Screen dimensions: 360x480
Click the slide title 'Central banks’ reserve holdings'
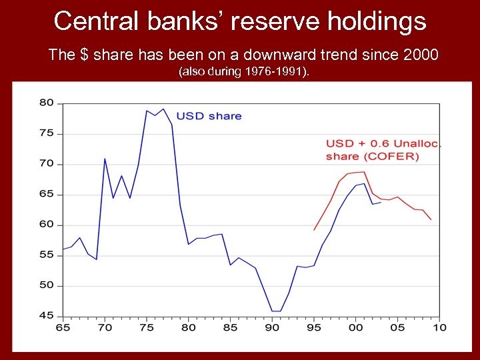click(240, 21)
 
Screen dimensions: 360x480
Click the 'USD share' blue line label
click(209, 116)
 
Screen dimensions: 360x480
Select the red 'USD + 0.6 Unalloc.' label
click(383, 143)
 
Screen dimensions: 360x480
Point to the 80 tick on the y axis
click(46, 103)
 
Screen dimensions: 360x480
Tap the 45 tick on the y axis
click(46, 316)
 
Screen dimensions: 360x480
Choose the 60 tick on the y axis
click(46, 225)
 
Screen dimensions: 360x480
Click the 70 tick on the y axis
click(46, 164)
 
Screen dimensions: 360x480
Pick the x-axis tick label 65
click(63, 327)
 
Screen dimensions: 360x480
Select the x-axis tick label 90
click(272, 327)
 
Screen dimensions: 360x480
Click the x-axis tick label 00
click(356, 327)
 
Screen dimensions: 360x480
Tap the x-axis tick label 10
click(439, 327)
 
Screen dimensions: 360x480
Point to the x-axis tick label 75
click(147, 327)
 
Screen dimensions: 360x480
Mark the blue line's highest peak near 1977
click(163, 109)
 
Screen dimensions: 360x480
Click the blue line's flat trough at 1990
click(276, 311)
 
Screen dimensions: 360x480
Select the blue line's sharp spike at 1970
click(105, 159)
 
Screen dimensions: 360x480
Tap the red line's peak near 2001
click(363, 172)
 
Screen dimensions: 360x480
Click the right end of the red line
click(431, 219)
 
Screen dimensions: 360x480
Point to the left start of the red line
click(314, 230)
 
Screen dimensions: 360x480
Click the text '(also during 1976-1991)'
click(243, 71)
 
